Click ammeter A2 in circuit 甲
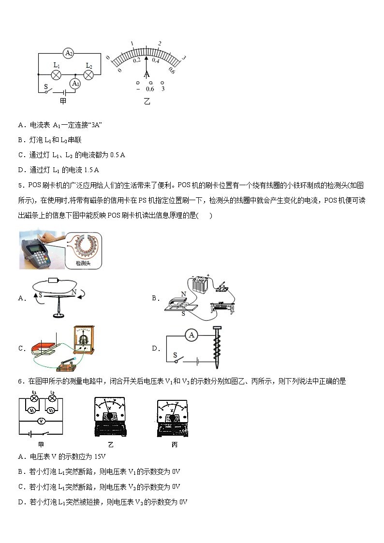pos(69,53)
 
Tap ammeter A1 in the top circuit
pos(75,83)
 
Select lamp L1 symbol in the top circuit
pos(57,74)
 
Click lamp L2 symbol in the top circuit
pos(89,74)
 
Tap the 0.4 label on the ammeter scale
pos(156,60)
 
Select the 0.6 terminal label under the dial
pos(150,89)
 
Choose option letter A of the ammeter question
pos(21,125)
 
